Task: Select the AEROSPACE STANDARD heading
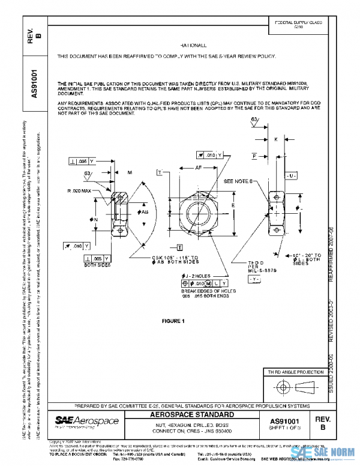[200, 415]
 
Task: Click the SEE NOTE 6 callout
[239, 181]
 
